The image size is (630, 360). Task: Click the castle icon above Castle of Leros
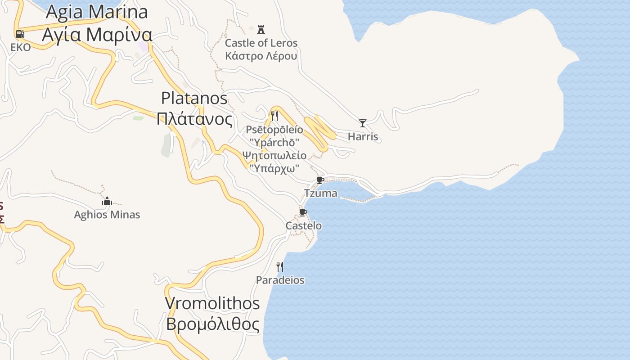tap(261, 30)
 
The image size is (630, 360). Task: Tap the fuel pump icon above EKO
tap(20, 34)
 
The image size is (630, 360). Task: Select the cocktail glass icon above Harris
tap(363, 123)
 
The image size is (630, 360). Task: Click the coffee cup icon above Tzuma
tap(320, 180)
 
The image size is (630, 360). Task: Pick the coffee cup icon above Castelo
tap(303, 212)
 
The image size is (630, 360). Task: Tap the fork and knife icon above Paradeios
tap(280, 267)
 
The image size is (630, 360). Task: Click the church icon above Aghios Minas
tap(107, 201)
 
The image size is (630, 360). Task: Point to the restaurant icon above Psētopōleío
tap(274, 116)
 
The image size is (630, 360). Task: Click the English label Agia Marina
tap(97, 12)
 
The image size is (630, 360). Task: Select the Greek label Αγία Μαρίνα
tap(97, 34)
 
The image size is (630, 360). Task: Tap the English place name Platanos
tap(194, 98)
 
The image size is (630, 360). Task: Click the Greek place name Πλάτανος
tap(194, 119)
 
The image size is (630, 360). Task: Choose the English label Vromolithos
tap(212, 303)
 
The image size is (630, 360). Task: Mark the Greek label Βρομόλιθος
tap(212, 324)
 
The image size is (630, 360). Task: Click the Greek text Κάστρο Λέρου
tap(261, 56)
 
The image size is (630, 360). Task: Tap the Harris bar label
tap(363, 137)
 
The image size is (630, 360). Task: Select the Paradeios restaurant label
tap(280, 280)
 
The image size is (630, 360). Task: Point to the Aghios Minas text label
tap(107, 215)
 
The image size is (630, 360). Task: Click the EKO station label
tap(21, 48)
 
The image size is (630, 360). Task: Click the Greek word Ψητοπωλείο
tap(274, 156)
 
